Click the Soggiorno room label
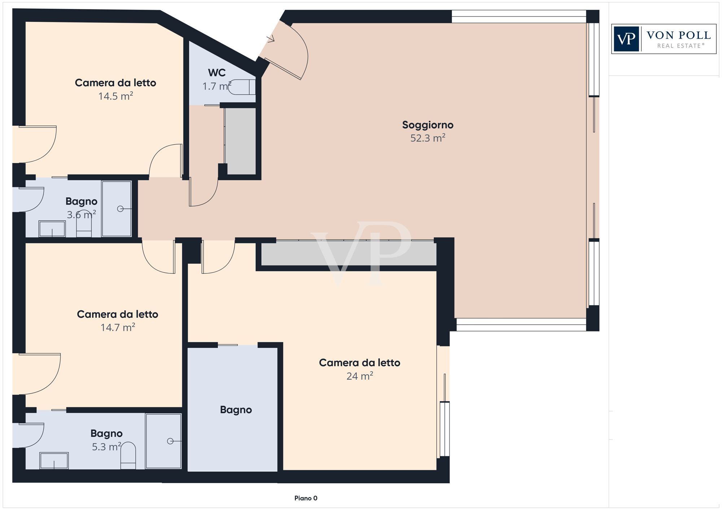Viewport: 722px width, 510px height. [x=427, y=125]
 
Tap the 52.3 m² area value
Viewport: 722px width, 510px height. [x=427, y=138]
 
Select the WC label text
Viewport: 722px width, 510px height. [x=217, y=72]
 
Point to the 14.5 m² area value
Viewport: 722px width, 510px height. [x=116, y=96]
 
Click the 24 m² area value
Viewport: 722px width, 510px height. [x=359, y=376]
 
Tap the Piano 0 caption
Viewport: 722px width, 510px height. [x=305, y=498]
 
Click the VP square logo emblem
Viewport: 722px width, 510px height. [x=626, y=39]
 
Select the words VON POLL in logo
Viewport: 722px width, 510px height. [x=678, y=35]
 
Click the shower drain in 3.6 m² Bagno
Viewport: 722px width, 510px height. [x=120, y=209]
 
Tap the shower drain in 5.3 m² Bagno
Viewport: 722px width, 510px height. [x=170, y=441]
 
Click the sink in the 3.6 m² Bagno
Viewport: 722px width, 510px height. [x=52, y=229]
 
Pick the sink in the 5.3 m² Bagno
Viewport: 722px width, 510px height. [x=54, y=461]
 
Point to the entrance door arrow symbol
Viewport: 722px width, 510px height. [x=270, y=39]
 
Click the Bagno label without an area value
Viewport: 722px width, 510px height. [x=236, y=410]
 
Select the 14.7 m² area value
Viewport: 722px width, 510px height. [x=118, y=327]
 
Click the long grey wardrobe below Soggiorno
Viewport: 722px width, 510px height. [x=348, y=253]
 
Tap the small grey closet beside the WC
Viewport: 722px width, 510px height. [x=240, y=141]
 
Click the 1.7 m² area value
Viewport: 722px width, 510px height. [x=216, y=86]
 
